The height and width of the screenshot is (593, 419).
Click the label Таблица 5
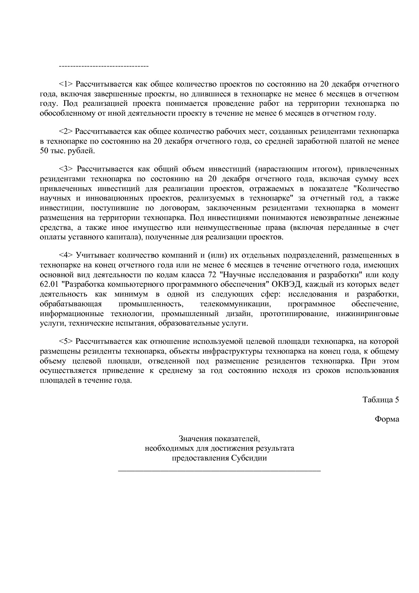pyautogui.click(x=380, y=400)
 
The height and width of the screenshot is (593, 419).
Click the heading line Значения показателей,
pyautogui.click(x=219, y=439)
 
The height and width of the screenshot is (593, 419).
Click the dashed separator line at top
pyautogui.click(x=103, y=66)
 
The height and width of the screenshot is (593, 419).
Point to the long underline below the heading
pyautogui.click(x=219, y=470)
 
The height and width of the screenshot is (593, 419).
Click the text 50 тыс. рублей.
pyautogui.click(x=68, y=151)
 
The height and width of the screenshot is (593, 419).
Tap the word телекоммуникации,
pyautogui.click(x=235, y=304)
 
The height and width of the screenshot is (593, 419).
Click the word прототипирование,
pyautogui.click(x=294, y=314)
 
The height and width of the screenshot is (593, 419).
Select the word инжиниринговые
pyautogui.click(x=367, y=314)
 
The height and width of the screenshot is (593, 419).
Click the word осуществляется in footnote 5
pyautogui.click(x=68, y=371)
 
